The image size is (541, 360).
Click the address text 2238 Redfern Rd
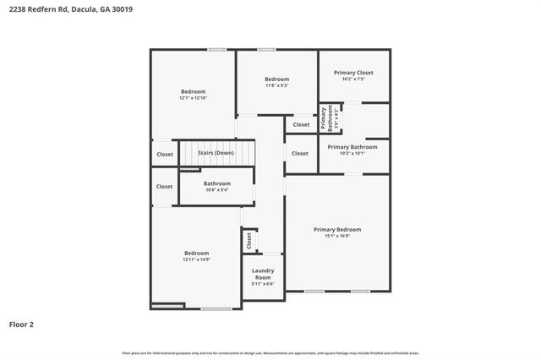click(x=38, y=9)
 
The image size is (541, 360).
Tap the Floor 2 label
click(x=22, y=324)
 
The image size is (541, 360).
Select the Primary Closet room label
click(x=353, y=73)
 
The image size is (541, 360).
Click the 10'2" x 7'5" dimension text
click(x=353, y=80)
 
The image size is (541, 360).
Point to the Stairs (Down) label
click(x=216, y=153)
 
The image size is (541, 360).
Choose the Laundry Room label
click(x=263, y=274)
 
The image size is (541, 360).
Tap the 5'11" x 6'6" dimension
click(x=263, y=284)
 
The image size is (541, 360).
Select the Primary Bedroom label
click(x=337, y=229)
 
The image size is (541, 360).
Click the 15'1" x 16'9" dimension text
click(x=337, y=236)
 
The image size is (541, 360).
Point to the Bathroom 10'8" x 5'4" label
click(x=217, y=186)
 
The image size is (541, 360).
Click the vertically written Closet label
click(x=249, y=241)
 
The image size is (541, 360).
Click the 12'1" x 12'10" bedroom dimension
click(x=193, y=98)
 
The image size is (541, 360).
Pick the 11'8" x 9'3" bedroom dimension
click(x=276, y=85)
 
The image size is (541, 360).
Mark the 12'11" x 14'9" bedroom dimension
click(x=197, y=259)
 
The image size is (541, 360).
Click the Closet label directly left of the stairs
click(x=164, y=154)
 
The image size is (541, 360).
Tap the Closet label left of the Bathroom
click(x=164, y=187)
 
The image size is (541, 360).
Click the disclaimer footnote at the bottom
click(x=270, y=352)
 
